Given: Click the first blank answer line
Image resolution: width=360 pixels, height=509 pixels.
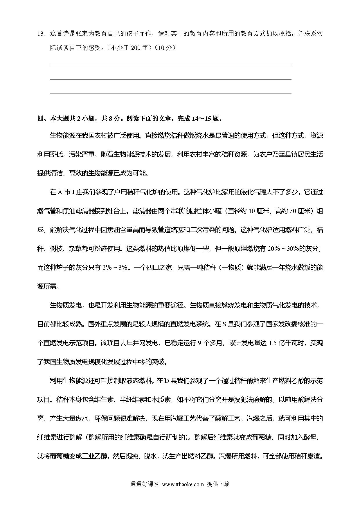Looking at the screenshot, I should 171,65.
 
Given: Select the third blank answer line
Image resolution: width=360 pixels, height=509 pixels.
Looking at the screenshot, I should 171,93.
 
